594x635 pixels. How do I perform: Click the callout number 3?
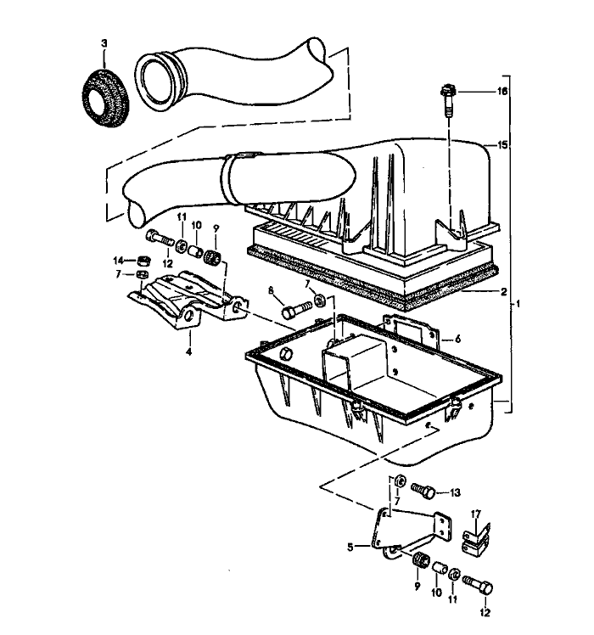[x=103, y=42]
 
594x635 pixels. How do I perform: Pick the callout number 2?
[x=504, y=291]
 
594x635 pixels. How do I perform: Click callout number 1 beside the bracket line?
[x=518, y=303]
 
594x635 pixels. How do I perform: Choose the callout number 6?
[x=458, y=338]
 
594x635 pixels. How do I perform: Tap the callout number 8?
[x=272, y=290]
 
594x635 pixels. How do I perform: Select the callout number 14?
[x=119, y=260]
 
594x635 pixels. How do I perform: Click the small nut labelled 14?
[x=145, y=259]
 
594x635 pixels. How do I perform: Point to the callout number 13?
[x=455, y=492]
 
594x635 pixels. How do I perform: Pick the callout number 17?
[x=476, y=513]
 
